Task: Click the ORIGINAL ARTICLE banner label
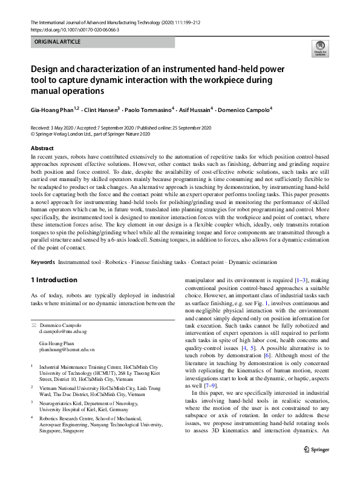point(58,42)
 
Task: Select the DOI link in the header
point(74,29)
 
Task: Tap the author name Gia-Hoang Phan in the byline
point(53,110)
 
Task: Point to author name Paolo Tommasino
point(149,110)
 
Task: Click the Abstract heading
point(42,148)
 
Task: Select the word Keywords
point(42,262)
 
